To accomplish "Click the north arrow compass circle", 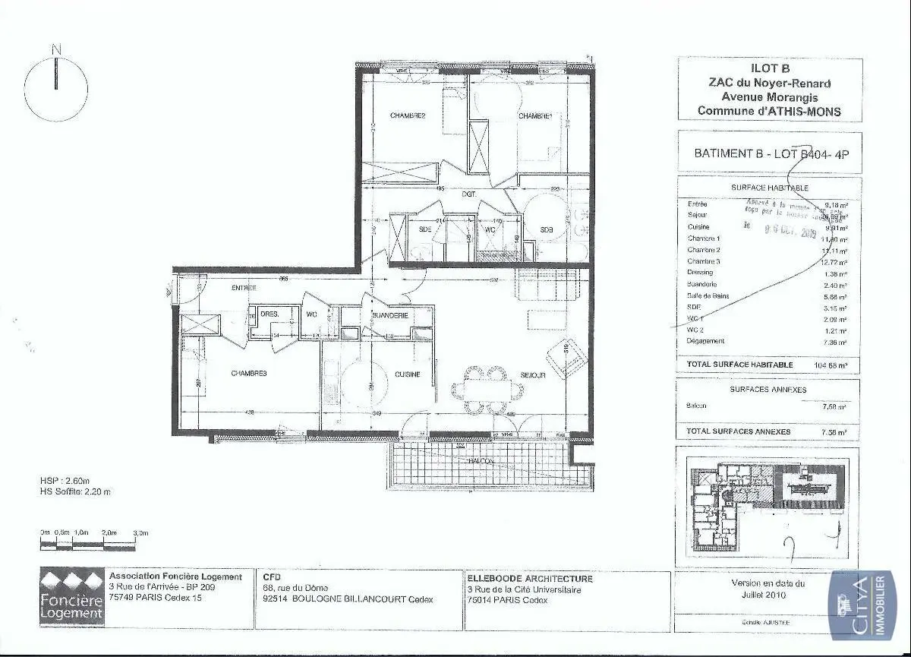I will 56,89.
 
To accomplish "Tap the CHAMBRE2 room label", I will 408,115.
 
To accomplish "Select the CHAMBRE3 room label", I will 249,373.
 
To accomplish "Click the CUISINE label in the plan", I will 408,374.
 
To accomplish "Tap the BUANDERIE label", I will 391,315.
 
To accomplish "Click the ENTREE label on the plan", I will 244,288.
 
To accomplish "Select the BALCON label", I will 481,461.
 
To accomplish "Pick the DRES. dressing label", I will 269,314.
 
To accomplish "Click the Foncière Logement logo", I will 71,596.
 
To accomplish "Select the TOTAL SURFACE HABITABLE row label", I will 739,365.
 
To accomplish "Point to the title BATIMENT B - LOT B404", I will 770,153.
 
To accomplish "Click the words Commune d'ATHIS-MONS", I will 769,111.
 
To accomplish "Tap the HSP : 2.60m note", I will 65,481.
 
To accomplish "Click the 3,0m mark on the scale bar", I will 140,533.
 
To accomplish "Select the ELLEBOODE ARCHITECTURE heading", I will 530,578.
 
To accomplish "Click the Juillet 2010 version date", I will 768,595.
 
